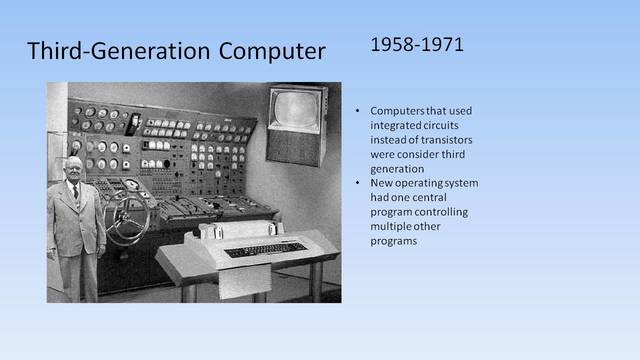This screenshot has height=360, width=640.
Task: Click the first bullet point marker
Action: [x=359, y=111]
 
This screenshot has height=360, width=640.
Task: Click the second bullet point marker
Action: [x=359, y=183]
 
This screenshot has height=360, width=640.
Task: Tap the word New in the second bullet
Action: [x=381, y=183]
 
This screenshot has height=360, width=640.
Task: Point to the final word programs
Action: [x=393, y=241]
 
